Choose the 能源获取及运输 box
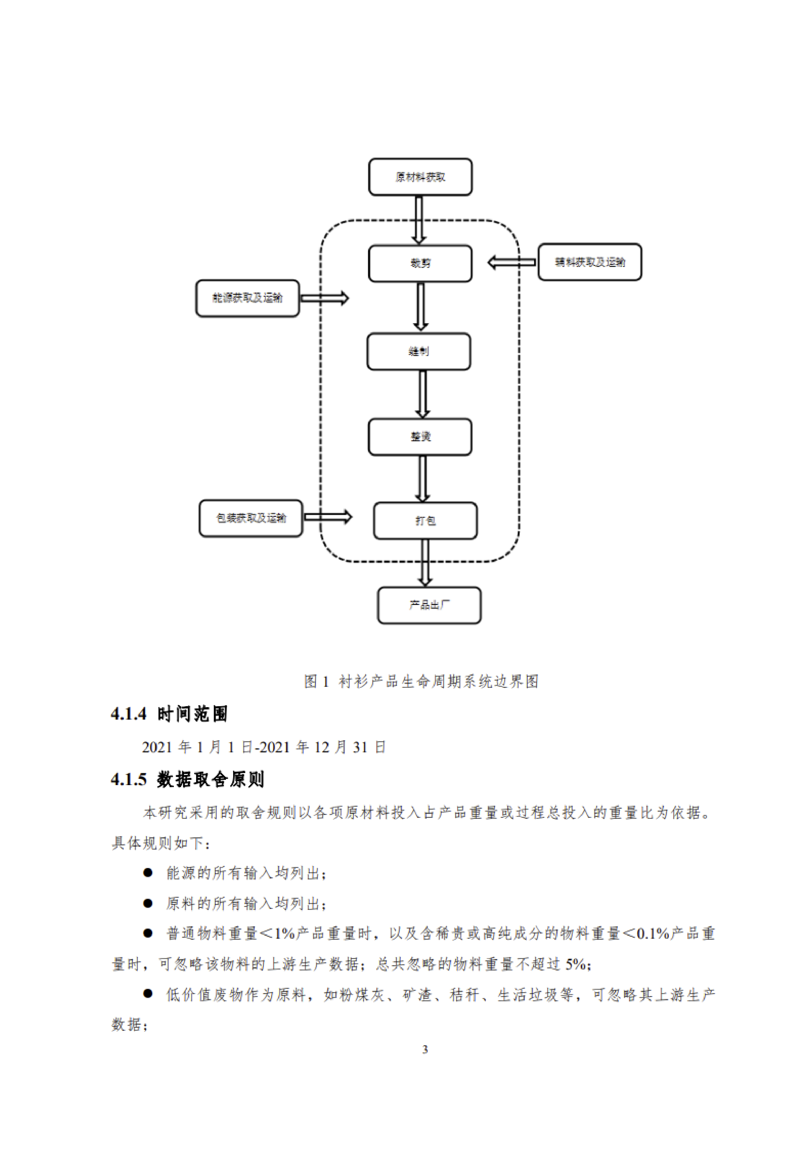(247, 298)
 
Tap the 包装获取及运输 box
(251, 518)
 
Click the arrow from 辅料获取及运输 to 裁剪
(511, 262)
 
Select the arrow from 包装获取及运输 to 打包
(328, 517)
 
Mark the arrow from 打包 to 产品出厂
(425, 562)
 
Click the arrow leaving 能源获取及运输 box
(324, 298)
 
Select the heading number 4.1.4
(129, 714)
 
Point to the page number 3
(425, 1049)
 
